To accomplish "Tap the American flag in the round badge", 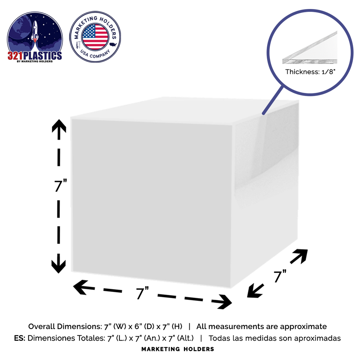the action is tap(95, 36).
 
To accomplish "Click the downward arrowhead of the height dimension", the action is tap(58, 265).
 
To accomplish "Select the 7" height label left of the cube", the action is tap(61, 186).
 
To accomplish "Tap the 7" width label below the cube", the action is tap(143, 293).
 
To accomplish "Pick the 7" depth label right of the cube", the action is tap(280, 276).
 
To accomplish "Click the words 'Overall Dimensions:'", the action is tap(63, 327).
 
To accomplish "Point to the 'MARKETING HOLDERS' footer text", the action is tap(178, 349).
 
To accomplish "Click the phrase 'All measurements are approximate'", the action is tap(262, 327).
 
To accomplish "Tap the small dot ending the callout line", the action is tap(264, 113).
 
